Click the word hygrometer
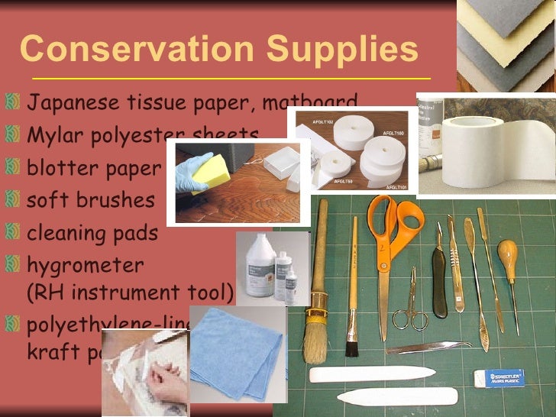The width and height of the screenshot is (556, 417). coord(85,266)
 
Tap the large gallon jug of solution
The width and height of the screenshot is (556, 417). coord(257,267)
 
